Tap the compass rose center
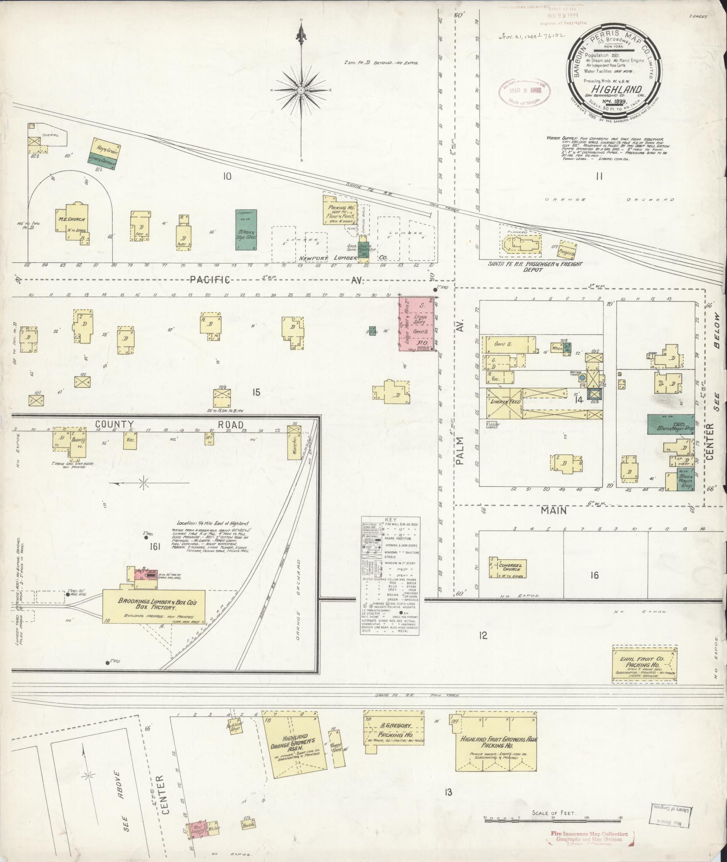coord(301,91)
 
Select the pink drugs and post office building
coord(417,323)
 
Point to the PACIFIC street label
coord(210,280)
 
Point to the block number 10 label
coord(227,176)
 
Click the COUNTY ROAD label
coord(169,424)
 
